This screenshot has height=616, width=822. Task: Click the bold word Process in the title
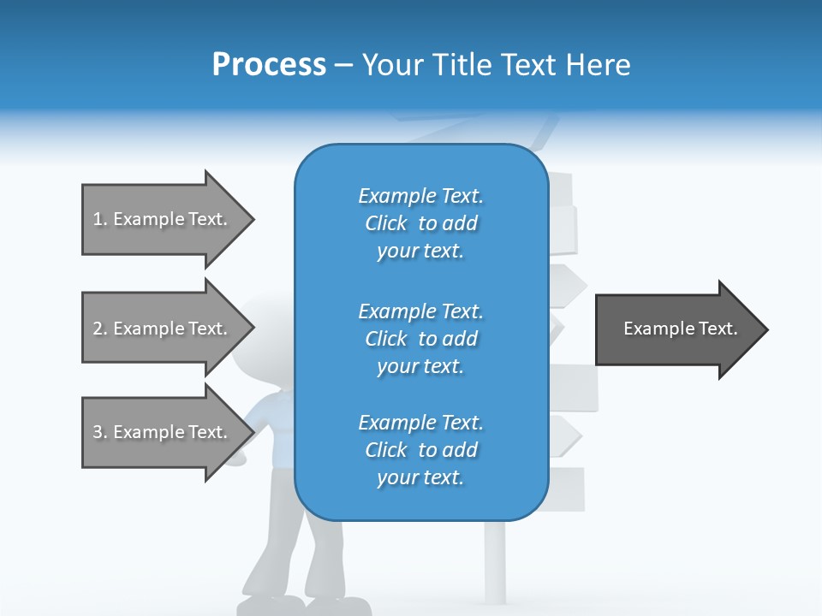coord(269,64)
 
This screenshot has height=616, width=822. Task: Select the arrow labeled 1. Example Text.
coord(163,219)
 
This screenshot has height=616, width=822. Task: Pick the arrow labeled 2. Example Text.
coord(163,329)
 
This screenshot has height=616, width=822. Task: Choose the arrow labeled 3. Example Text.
coord(163,432)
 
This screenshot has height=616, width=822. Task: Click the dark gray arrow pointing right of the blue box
coord(676,329)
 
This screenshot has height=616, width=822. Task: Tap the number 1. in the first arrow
coord(100,219)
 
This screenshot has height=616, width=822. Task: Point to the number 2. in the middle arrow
coord(100,329)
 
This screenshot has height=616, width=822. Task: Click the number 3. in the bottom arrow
coord(100,432)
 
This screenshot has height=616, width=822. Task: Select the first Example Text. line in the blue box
coord(420,196)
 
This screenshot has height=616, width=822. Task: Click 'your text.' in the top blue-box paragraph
coord(420,251)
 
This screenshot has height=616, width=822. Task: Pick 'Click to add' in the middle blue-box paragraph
coord(420,339)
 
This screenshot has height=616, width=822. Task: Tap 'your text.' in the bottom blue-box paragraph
coord(420,477)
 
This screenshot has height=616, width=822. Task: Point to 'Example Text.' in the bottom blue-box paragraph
coord(420,423)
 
